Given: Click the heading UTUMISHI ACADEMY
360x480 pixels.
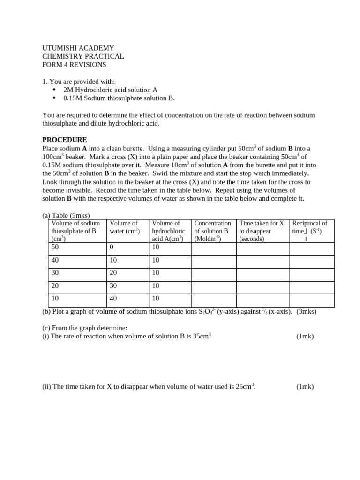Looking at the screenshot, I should click(78, 48).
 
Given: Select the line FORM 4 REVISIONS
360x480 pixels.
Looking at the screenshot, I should click(74, 65).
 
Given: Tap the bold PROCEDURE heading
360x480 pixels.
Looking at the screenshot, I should click(65, 140).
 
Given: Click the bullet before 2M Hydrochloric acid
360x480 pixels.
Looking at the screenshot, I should click(54, 90).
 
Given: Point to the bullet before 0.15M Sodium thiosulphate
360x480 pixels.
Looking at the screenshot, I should click(54, 98).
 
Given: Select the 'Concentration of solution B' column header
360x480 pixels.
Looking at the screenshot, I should click(213, 231).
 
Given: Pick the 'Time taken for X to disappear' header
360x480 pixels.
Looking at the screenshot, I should click(262, 231).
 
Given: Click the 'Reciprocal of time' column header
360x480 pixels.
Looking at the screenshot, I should click(311, 231).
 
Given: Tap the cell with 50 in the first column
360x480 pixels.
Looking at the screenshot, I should click(55, 247).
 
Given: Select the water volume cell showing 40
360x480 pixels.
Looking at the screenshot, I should click(114, 298).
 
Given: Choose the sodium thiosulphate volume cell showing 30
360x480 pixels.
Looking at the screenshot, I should click(55, 273).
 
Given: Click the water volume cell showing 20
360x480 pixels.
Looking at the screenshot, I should click(114, 273).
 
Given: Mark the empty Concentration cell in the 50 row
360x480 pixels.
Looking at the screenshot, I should click(213, 249).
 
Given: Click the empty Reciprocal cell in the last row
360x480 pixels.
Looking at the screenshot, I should click(311, 300).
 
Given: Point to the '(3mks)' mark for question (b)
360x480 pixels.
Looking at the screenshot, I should click(306, 311).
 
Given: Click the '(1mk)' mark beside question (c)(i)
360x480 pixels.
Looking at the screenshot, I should click(305, 336).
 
